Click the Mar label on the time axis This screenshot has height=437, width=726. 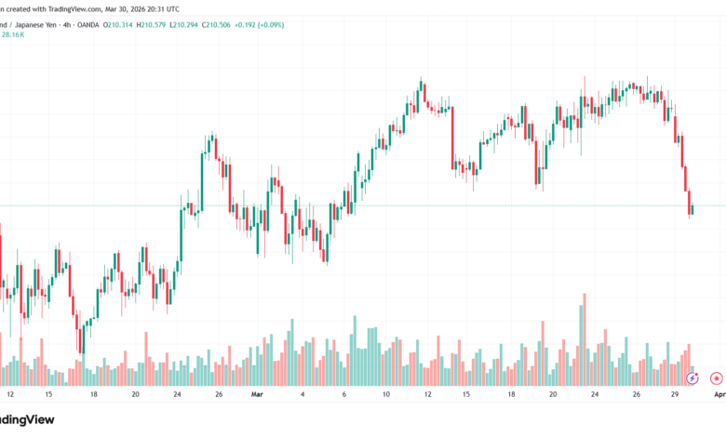point(258,394)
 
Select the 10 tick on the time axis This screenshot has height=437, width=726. point(385,394)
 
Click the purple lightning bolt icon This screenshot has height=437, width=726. point(692,378)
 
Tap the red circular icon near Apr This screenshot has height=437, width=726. point(716,378)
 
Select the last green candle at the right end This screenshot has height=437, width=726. point(692,210)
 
